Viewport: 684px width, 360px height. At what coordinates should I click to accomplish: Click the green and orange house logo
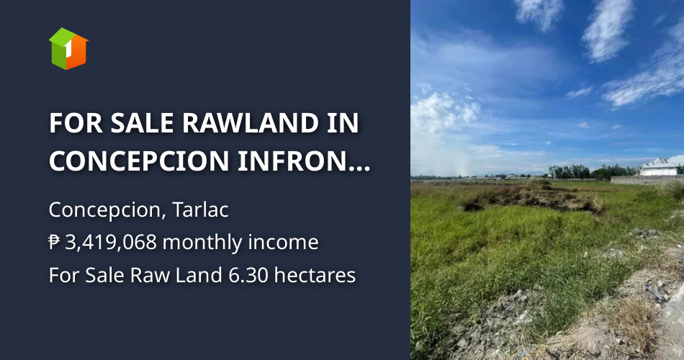pos(68,48)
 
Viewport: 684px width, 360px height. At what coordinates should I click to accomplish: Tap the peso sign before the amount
pos(55,243)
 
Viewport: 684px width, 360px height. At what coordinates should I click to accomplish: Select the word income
pos(285,243)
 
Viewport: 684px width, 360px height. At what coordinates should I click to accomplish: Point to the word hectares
pos(318,275)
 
